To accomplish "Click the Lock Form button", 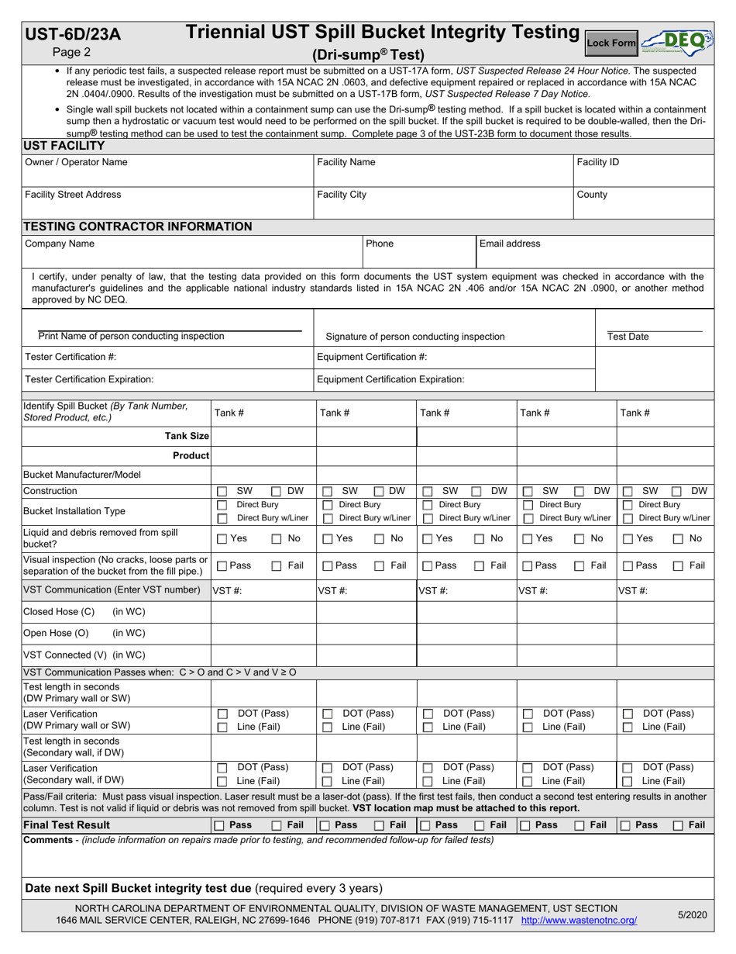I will point(610,43).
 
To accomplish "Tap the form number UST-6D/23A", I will point(73,33).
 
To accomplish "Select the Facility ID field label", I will point(598,163).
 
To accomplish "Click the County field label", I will point(592,195).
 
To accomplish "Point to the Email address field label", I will point(510,244).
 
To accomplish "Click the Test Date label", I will point(628,337).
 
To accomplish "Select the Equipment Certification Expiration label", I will point(391,379).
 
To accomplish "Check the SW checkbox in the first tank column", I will point(222,491).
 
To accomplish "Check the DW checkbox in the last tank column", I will point(678,491).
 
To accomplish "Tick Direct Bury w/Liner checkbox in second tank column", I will point(327,518).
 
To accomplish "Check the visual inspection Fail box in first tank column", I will point(277,565).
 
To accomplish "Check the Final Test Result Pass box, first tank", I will point(220,804).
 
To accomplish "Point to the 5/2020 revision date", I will point(690,915).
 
